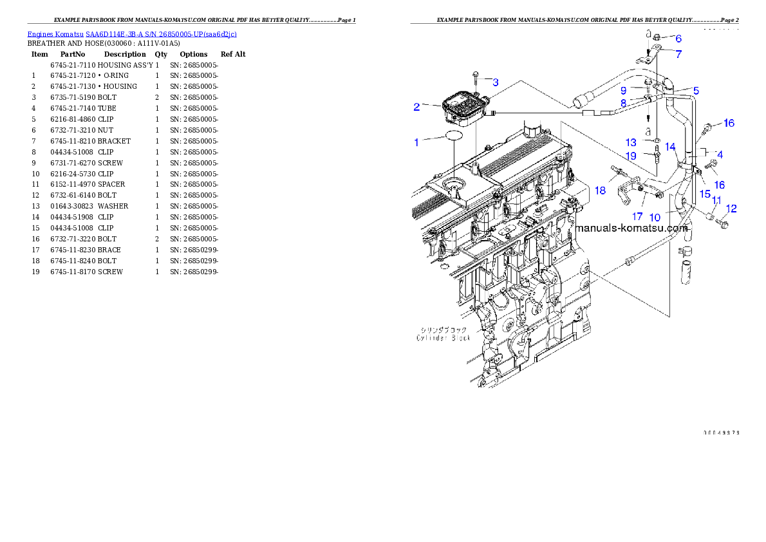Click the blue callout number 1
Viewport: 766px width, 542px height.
416,142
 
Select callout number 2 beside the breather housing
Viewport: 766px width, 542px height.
416,107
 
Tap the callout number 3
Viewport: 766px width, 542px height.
495,82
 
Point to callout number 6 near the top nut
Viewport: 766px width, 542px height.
678,39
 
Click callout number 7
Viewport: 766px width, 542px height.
678,54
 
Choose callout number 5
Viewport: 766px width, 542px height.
695,91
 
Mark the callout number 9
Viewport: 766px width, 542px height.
623,91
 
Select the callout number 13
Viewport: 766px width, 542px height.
631,142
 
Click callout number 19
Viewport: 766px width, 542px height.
631,156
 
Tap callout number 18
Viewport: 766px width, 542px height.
600,191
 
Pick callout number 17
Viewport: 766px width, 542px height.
637,216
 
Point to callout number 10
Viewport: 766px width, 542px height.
655,218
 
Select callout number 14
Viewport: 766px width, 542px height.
670,147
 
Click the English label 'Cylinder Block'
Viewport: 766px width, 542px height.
444,338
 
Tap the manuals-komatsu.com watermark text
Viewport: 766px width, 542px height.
631,228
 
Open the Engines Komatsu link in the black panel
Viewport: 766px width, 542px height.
132,34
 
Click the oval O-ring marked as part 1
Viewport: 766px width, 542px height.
454,136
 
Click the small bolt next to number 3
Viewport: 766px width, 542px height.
475,79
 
